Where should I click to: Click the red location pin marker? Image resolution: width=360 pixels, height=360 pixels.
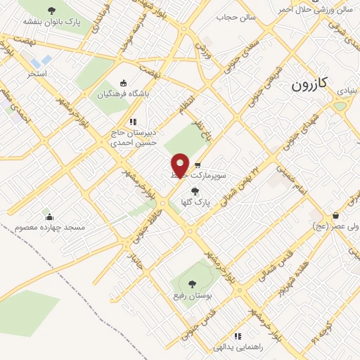[181, 165]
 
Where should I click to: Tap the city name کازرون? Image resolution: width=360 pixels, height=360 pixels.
[309, 85]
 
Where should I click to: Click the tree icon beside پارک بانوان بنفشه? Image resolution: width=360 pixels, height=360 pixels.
[51, 11]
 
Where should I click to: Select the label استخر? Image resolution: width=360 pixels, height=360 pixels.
[37, 73]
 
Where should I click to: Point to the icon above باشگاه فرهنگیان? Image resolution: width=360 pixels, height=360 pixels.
[124, 82]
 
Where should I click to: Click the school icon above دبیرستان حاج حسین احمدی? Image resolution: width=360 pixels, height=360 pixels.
[134, 121]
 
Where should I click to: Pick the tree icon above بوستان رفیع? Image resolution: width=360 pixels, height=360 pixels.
[192, 284]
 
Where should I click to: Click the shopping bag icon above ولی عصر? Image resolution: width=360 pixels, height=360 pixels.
[336, 215]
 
